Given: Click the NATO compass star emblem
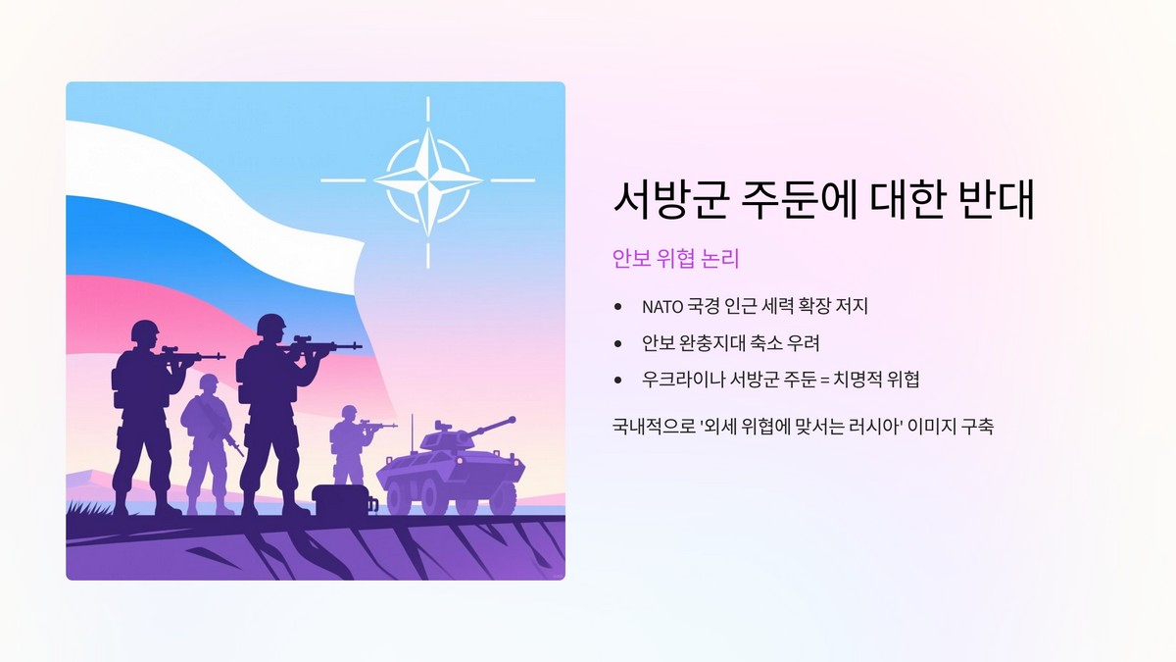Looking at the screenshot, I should click(x=428, y=180).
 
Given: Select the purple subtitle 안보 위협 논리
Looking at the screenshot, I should click(x=675, y=259).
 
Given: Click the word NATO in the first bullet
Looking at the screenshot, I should click(x=662, y=307).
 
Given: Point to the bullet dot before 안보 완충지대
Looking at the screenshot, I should click(x=617, y=343).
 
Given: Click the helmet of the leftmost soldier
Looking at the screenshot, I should click(x=145, y=330).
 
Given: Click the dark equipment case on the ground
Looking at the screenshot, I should click(x=339, y=501).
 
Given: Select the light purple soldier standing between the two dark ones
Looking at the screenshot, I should click(x=208, y=441).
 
